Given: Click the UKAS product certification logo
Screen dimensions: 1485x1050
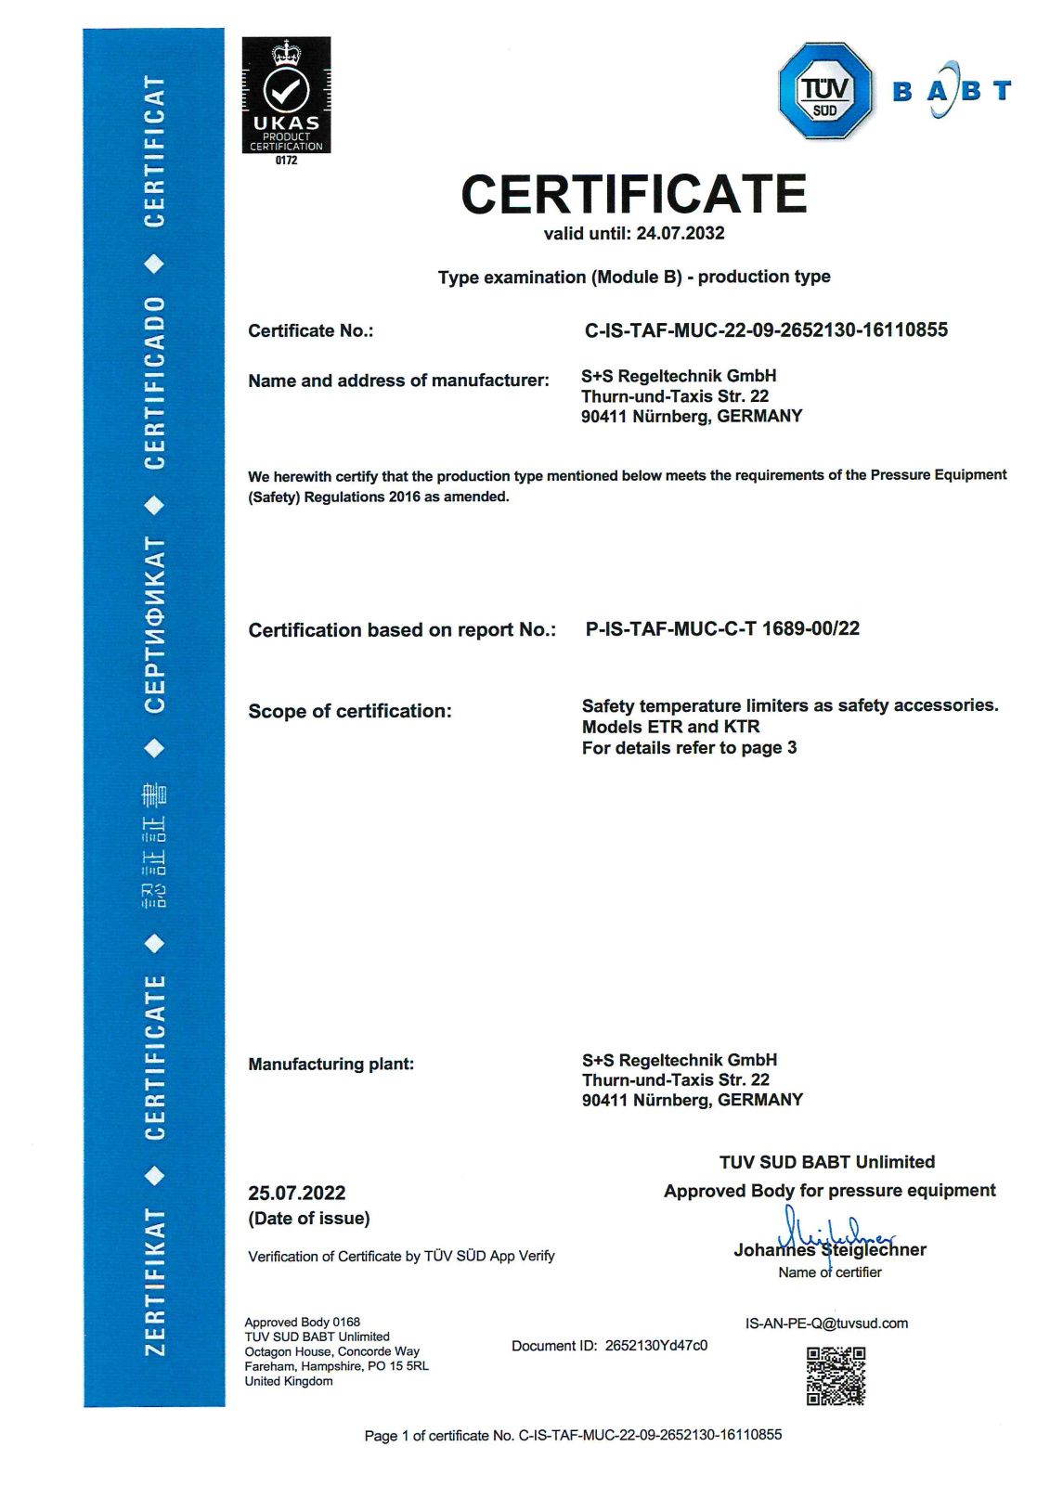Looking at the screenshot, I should [286, 95].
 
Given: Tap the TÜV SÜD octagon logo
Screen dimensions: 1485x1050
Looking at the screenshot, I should [824, 91].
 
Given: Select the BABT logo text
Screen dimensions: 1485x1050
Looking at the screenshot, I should [951, 90].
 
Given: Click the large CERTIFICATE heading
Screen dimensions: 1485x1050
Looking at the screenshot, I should [633, 194].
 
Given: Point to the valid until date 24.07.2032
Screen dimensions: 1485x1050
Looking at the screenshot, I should [680, 233].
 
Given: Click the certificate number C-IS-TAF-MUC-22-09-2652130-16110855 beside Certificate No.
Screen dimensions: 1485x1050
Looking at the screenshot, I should [766, 330].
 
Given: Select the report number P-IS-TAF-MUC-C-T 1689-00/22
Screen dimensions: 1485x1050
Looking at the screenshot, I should [722, 628].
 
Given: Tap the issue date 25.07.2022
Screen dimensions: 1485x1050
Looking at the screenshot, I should [296, 1193].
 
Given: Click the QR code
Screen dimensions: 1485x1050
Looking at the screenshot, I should [836, 1375].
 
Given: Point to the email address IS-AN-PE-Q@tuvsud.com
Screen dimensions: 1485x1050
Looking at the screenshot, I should [826, 1324].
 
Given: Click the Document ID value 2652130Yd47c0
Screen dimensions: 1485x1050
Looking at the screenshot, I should [655, 1346].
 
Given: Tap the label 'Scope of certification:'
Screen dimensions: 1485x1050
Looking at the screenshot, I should [350, 711].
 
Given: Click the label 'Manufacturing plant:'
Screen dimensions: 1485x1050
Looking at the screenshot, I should [331, 1064].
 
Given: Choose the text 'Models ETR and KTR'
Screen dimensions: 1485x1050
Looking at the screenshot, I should [670, 727].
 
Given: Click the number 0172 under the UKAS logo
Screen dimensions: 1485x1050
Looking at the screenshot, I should [286, 161].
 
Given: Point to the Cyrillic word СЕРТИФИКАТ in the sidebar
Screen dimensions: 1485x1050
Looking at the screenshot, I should [154, 625].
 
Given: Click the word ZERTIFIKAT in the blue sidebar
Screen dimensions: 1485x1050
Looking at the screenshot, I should [154, 1281].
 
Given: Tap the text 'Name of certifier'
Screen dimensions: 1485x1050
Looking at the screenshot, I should [830, 1272].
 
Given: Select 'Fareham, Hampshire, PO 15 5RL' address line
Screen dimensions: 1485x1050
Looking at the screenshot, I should [336, 1366].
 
